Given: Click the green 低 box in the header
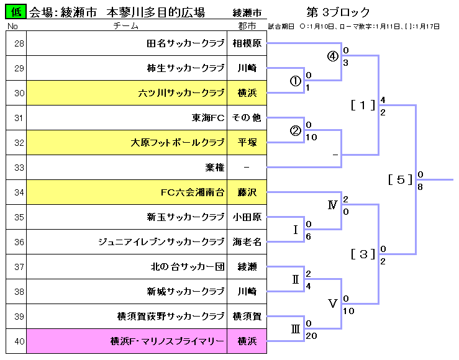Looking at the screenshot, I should click(16, 12).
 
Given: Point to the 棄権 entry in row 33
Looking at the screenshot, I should click(214, 168).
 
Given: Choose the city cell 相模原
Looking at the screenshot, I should click(247, 43).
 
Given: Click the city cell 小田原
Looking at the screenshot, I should click(247, 217).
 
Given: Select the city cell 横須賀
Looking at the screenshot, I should click(247, 317).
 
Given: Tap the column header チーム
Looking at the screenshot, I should click(126, 26).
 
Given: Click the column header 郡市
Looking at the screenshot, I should click(247, 26).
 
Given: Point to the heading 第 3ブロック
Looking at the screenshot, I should click(338, 12).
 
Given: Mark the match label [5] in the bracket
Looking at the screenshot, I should click(401, 180).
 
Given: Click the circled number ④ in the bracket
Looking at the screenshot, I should click(333, 56).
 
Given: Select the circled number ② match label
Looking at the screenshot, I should click(296, 130).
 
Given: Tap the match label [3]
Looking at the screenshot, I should click(363, 254).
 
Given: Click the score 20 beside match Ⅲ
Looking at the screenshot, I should click(312, 336).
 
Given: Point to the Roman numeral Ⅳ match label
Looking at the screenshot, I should click(333, 205).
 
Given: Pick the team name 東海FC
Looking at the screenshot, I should click(208, 118).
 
